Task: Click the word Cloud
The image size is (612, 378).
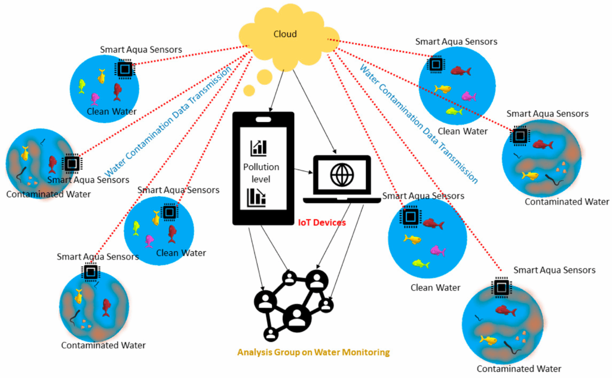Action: [284, 34]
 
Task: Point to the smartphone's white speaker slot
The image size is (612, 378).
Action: [263, 120]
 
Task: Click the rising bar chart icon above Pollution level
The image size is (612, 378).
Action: [259, 147]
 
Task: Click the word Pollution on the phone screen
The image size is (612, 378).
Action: [261, 167]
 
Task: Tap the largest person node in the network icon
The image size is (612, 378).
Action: [296, 316]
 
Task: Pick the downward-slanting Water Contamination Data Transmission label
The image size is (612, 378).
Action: [418, 123]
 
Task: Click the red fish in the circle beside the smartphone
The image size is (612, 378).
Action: [172, 233]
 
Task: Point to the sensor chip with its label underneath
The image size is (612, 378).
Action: [72, 163]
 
